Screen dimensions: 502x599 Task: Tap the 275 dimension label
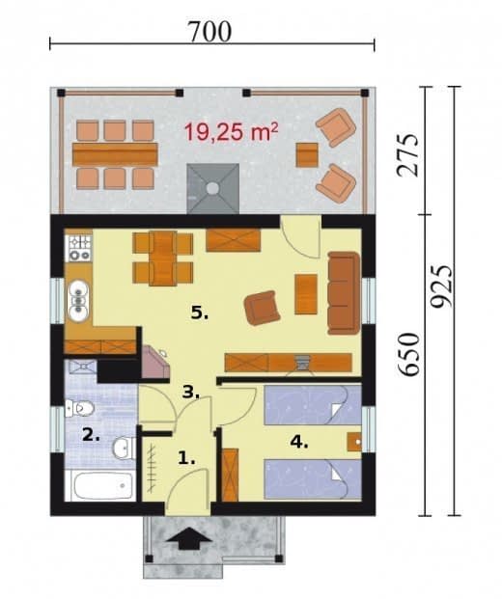(x=407, y=154)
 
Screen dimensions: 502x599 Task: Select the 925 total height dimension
(x=441, y=286)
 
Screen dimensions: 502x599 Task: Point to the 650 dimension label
(x=408, y=354)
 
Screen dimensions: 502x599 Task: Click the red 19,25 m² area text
(x=232, y=131)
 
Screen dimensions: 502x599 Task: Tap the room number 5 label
(x=200, y=313)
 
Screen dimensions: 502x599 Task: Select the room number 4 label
(x=299, y=442)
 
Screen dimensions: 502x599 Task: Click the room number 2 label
(x=91, y=435)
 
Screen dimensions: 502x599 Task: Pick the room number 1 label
(x=186, y=457)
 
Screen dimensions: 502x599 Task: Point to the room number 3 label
(x=190, y=392)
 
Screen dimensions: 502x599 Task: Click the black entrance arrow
(x=189, y=538)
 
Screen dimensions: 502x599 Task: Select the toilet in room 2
(x=79, y=408)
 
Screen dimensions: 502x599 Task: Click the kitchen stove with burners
(x=79, y=248)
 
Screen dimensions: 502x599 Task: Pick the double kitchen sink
(x=78, y=300)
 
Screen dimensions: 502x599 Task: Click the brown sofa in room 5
(x=344, y=293)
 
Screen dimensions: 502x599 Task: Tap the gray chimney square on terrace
(x=213, y=188)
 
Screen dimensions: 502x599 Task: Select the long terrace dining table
(x=115, y=154)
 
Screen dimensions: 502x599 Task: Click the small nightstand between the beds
(x=354, y=442)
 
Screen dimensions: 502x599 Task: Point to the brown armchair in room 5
(x=263, y=308)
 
